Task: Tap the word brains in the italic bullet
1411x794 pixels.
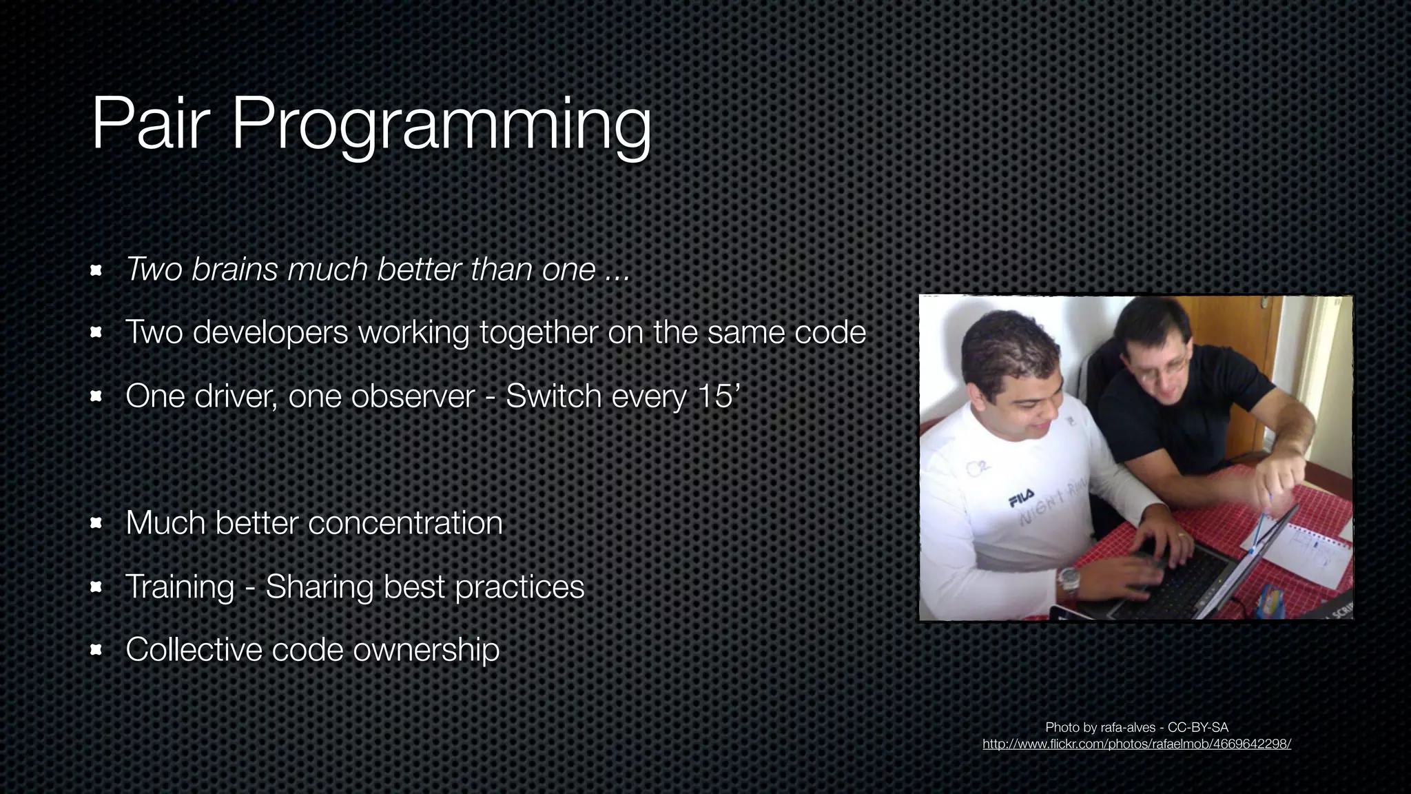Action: pos(234,269)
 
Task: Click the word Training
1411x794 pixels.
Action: pos(180,587)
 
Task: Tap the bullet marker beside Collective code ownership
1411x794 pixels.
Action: pos(96,649)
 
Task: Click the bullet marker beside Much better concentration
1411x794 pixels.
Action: pos(96,523)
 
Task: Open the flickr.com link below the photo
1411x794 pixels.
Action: pos(1136,744)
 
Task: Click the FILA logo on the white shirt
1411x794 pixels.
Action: pos(1021,497)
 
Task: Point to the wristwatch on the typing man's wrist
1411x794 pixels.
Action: pos(1069,581)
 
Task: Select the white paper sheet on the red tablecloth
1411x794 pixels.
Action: pos(1302,551)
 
